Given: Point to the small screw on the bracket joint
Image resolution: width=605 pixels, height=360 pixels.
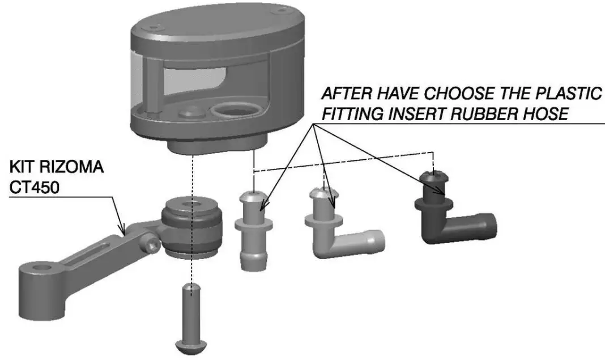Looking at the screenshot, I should click(152, 244).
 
